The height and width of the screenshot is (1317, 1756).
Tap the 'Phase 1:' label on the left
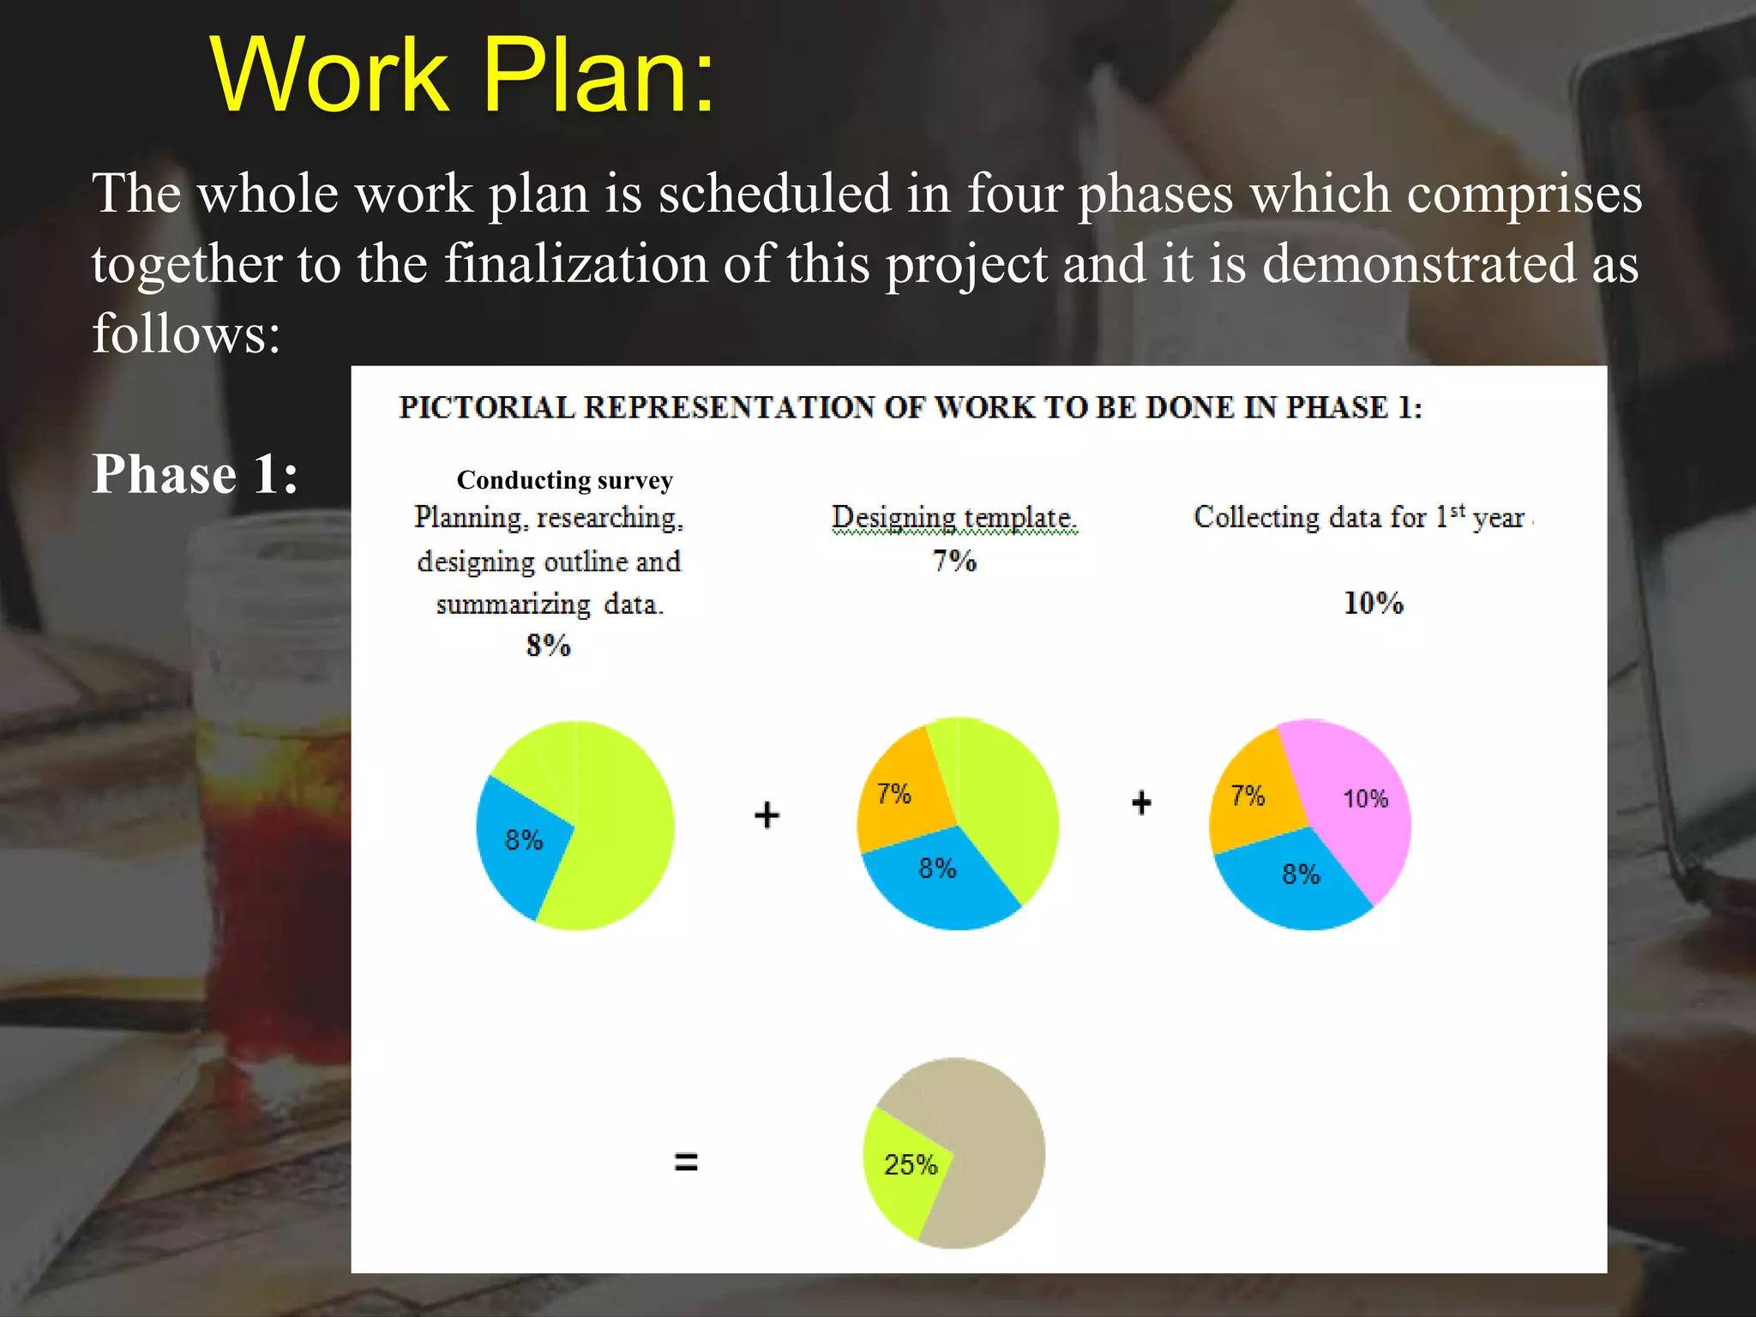coord(195,474)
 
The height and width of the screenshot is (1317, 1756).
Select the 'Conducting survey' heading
coord(564,480)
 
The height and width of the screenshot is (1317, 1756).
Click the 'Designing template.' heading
coord(953,518)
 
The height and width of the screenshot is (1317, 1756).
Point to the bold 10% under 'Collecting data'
coord(1373,604)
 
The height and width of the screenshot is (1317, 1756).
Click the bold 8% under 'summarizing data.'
coord(548,646)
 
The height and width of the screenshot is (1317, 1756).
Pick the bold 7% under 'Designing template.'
coord(953,562)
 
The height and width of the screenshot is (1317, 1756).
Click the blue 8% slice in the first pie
coord(521,845)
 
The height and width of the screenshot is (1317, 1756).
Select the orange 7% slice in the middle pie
coord(900,793)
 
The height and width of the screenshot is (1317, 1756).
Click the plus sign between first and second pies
coord(767,815)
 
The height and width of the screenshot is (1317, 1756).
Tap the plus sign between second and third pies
coord(1141,803)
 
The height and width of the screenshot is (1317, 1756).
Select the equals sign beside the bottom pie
coord(686,1163)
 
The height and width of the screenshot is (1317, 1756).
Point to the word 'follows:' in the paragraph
coord(187,334)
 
